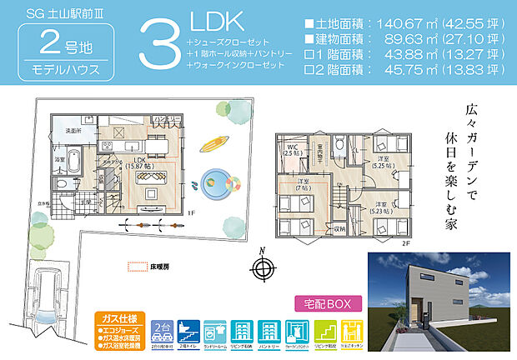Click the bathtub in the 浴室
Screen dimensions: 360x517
(x=71, y=160)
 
